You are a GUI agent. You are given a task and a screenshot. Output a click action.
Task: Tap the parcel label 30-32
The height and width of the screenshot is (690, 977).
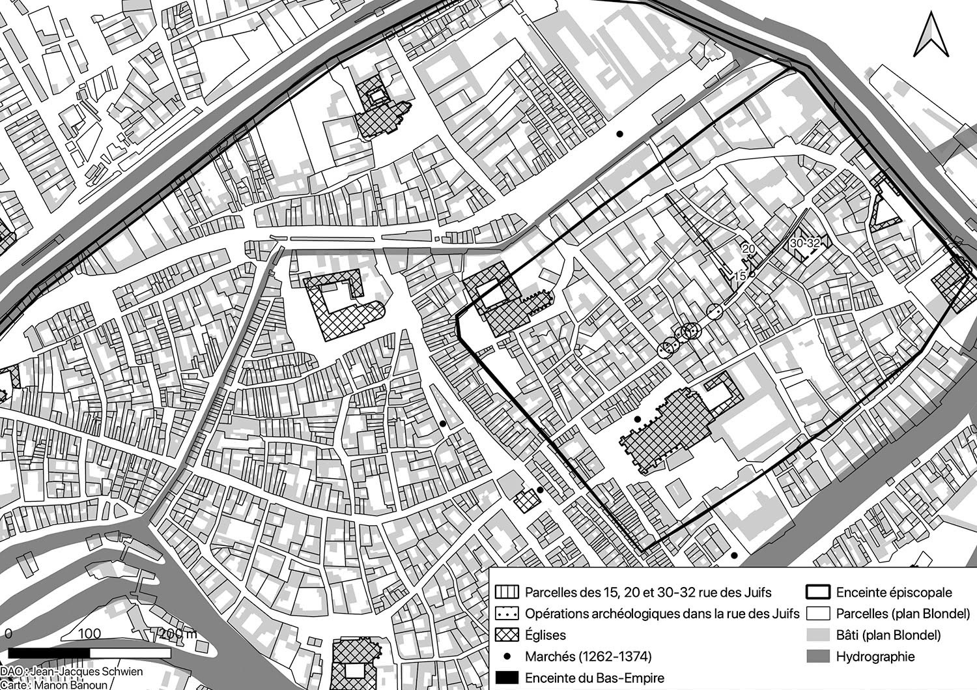[804, 242]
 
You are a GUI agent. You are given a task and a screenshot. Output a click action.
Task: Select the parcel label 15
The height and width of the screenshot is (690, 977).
[740, 276]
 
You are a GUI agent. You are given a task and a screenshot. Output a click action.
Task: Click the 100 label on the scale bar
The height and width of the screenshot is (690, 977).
[89, 633]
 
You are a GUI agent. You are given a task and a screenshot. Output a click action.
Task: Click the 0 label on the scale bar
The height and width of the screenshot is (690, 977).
[8, 633]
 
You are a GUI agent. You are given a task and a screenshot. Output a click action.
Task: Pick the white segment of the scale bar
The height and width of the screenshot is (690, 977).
[130, 652]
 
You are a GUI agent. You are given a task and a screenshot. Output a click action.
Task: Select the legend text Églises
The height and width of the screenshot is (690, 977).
[545, 635]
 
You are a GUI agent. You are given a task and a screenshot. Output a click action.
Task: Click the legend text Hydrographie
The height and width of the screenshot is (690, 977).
[875, 656]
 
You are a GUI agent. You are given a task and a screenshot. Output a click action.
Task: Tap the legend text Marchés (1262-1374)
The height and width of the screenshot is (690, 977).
[588, 656]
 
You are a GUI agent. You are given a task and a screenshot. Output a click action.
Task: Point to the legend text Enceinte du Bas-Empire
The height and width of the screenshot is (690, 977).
[595, 678]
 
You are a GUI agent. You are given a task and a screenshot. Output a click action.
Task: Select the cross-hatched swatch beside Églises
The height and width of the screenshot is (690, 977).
[507, 635]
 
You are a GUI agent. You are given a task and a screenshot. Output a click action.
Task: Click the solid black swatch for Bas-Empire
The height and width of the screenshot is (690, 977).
[507, 678]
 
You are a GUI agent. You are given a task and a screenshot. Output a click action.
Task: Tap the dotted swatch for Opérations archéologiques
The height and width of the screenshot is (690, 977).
[507, 614]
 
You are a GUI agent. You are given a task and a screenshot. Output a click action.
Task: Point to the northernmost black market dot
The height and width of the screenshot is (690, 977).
[620, 134]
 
